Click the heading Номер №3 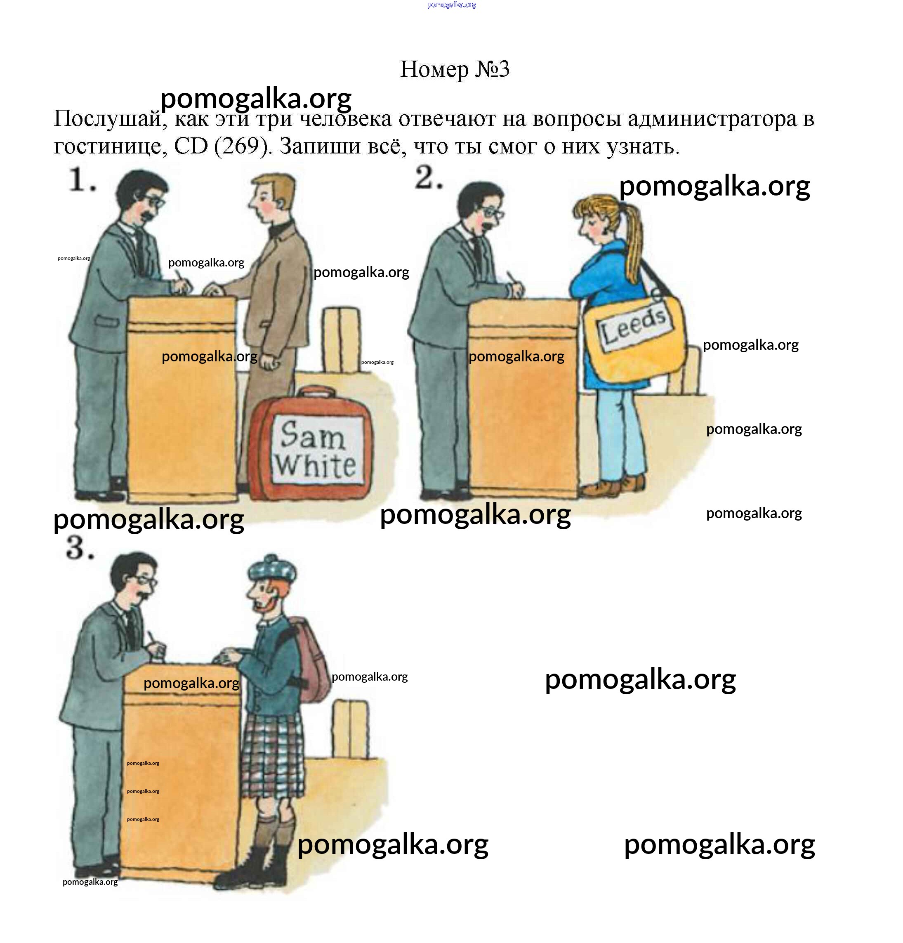(455, 69)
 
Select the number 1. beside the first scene (82, 180)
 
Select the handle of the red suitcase (316, 392)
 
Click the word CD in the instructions (191, 146)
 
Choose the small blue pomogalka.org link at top (452, 5)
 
